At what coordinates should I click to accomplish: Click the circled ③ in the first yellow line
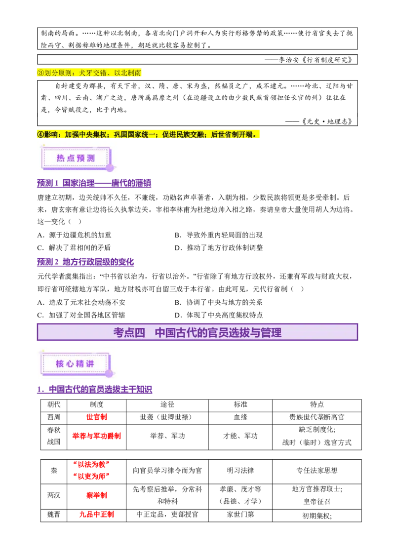pos(40,73)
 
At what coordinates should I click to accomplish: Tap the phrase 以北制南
pos(128,73)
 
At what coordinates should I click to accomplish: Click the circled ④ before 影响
pos(40,134)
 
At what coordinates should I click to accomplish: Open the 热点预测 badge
pos(76,158)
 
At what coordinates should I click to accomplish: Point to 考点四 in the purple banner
pos(129,332)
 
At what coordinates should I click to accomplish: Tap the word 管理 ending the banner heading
pos(271,332)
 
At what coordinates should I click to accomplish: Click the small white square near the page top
pos(215,45)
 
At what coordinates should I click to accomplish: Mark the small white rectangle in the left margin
pos(38,450)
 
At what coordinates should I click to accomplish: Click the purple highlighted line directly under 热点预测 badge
pos(94,184)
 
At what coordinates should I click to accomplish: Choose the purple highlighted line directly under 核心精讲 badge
pos(94,389)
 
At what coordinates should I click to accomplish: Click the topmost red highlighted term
pos(97,417)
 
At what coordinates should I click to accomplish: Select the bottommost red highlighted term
pos(96,515)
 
